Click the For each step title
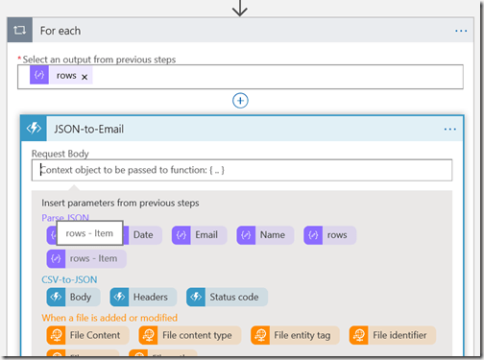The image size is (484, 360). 60,31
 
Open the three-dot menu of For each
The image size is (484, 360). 461,31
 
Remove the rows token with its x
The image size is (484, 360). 85,76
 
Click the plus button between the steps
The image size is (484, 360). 241,100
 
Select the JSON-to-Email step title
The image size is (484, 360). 89,129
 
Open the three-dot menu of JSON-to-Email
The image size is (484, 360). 450,129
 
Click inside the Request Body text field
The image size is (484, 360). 241,170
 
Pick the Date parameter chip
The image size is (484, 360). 142,235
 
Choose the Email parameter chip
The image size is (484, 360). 198,235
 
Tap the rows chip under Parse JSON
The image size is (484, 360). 329,235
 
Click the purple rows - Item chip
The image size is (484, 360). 86,258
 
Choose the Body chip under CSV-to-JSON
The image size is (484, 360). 72,298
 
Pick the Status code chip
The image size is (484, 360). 227,298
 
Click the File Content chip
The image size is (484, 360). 86,335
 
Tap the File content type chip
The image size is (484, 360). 189,335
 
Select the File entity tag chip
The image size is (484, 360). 296,335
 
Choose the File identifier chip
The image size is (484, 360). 392,335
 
